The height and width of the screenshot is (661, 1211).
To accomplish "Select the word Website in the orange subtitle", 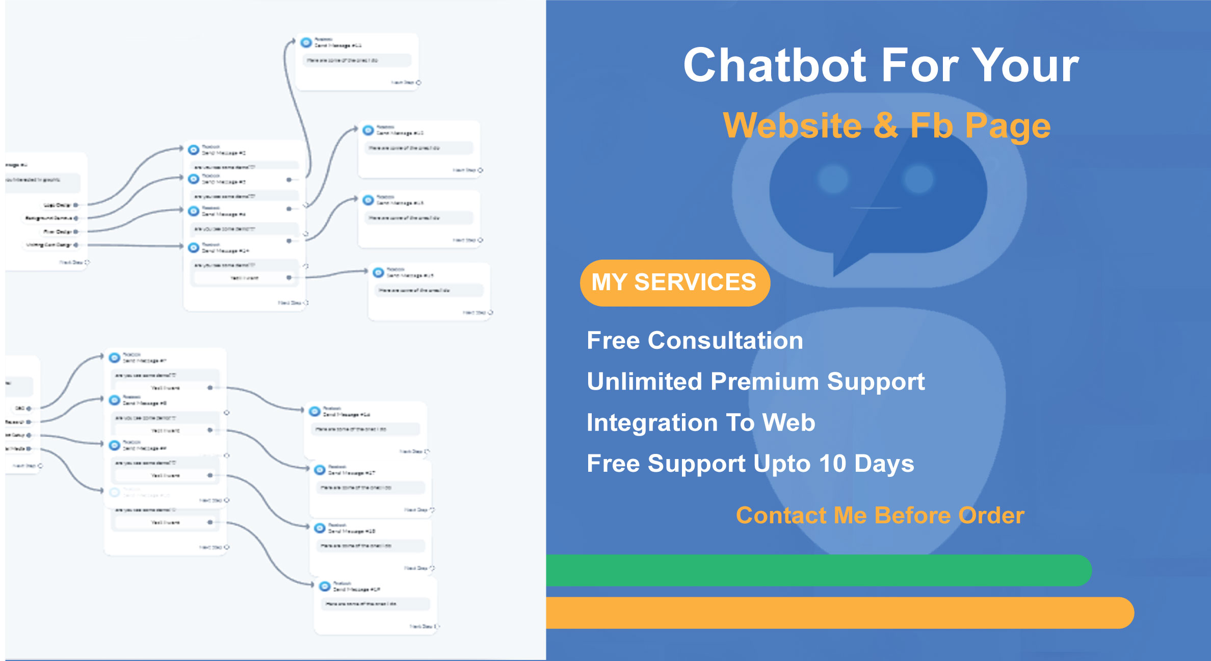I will click(x=792, y=125).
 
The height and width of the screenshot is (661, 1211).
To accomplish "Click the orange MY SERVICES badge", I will click(x=674, y=283).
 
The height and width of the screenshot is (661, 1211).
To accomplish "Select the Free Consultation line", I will click(x=695, y=340).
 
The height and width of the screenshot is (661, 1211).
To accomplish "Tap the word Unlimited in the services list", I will click(x=644, y=382).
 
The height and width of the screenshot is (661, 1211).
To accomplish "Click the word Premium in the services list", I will click(x=765, y=382).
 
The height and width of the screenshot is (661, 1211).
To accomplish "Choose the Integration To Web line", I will click(x=701, y=422).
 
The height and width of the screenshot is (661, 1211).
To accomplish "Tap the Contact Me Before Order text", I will click(x=880, y=515).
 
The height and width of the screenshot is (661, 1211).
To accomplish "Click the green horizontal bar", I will click(x=815, y=570).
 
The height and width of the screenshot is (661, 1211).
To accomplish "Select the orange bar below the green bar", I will click(x=836, y=613).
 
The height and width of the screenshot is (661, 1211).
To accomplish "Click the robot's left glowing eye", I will click(x=833, y=179).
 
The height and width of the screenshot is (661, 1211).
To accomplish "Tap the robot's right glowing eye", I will click(x=918, y=179).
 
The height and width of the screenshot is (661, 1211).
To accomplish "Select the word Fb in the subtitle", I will click(x=931, y=125).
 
